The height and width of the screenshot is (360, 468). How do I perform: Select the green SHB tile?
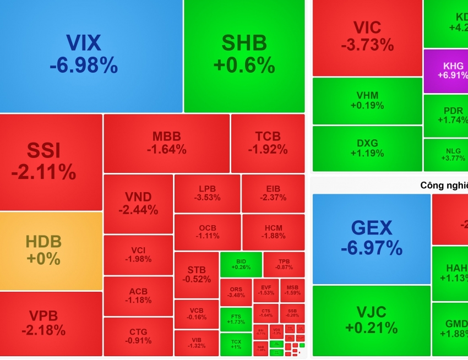click(x=244, y=55)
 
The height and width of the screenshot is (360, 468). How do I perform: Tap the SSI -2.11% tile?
click(x=51, y=162)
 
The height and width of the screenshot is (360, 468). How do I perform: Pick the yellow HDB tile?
click(x=51, y=250)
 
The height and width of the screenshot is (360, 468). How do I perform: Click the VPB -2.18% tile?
click(x=51, y=323)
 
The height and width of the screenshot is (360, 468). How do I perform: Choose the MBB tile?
click(x=166, y=143)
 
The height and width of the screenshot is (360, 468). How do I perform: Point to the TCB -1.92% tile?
click(x=268, y=143)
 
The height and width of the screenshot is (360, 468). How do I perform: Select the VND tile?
click(x=138, y=204)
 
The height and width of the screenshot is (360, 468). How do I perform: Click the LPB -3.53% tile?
click(x=207, y=193)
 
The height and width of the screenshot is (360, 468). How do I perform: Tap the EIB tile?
click(x=273, y=193)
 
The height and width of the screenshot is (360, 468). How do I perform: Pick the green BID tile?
click(x=241, y=264)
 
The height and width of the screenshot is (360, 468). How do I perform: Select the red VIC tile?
click(x=367, y=37)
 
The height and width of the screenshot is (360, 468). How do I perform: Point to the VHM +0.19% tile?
click(x=367, y=101)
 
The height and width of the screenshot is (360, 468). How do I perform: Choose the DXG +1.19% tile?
click(x=367, y=148)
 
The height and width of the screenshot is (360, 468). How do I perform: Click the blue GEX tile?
click(x=371, y=238)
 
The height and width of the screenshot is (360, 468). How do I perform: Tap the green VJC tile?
click(x=371, y=320)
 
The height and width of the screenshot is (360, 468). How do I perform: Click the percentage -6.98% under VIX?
click(x=84, y=66)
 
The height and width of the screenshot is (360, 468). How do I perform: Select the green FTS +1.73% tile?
click(x=236, y=319)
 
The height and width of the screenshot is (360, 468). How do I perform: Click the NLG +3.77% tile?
click(x=446, y=155)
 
